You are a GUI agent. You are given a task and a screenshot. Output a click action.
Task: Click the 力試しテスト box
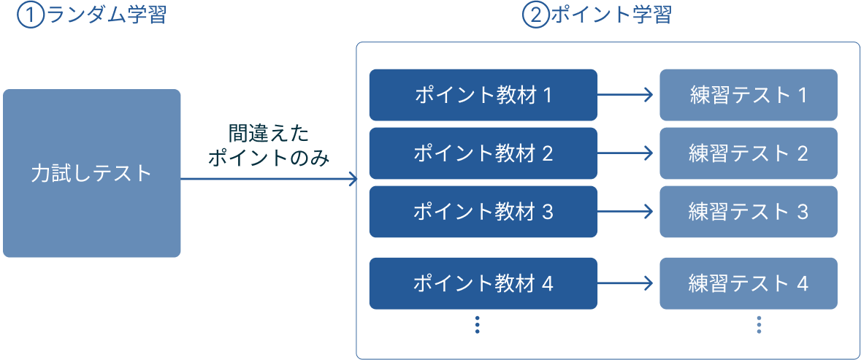(x=91, y=173)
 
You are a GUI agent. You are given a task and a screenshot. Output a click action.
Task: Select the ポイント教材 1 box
(x=483, y=95)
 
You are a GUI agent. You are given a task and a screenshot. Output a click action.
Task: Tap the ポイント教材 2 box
(x=483, y=153)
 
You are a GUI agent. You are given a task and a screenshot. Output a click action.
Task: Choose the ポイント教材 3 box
(x=483, y=212)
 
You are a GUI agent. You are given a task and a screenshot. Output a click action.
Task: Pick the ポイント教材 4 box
(x=483, y=283)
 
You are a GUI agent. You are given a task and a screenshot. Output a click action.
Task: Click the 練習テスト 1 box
(x=748, y=95)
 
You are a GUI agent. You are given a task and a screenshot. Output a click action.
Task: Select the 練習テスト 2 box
(x=748, y=153)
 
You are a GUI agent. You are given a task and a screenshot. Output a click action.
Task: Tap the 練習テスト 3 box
(x=748, y=212)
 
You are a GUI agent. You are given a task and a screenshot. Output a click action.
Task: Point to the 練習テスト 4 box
(x=748, y=283)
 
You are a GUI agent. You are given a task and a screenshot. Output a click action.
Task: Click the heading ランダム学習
(x=106, y=15)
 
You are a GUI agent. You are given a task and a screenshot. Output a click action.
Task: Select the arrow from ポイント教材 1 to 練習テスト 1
(x=627, y=95)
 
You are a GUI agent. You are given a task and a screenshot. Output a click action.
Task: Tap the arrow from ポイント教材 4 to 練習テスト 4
(x=627, y=283)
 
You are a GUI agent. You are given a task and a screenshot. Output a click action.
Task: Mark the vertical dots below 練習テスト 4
(x=759, y=325)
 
